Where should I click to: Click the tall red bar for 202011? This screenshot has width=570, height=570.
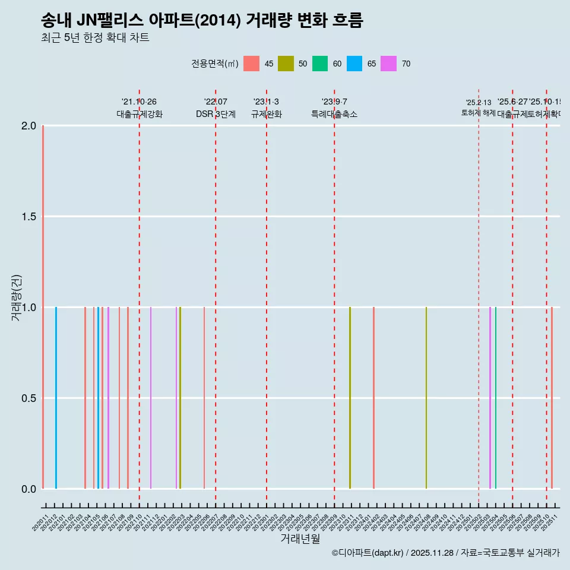pyautogui.click(x=43, y=307)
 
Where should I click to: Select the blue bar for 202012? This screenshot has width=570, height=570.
pyautogui.click(x=56, y=398)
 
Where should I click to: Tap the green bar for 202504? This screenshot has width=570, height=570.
pyautogui.click(x=496, y=398)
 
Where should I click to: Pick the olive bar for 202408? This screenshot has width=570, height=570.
pyautogui.click(x=426, y=398)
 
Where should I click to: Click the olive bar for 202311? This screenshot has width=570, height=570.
pyautogui.click(x=350, y=398)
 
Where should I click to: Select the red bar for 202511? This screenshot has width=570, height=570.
pyautogui.click(x=552, y=398)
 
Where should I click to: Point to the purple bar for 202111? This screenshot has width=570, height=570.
pyautogui.click(x=151, y=398)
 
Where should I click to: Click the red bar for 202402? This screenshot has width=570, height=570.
pyautogui.click(x=373, y=398)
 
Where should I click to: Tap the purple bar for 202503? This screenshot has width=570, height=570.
pyautogui.click(x=490, y=398)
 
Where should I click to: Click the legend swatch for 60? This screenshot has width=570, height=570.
pyautogui.click(x=320, y=64)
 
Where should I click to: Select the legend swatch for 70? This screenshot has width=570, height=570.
pyautogui.click(x=389, y=64)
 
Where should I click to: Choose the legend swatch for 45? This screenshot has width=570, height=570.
pyautogui.click(x=252, y=64)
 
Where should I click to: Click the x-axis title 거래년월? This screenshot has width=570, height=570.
pyautogui.click(x=300, y=539)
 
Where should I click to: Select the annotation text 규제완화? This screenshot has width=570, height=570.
pyautogui.click(x=266, y=114)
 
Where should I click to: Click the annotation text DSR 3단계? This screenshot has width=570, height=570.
pyautogui.click(x=216, y=114)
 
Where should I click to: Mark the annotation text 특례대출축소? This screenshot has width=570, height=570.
pyautogui.click(x=334, y=114)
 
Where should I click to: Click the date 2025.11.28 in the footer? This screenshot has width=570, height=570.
pyautogui.click(x=432, y=553)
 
